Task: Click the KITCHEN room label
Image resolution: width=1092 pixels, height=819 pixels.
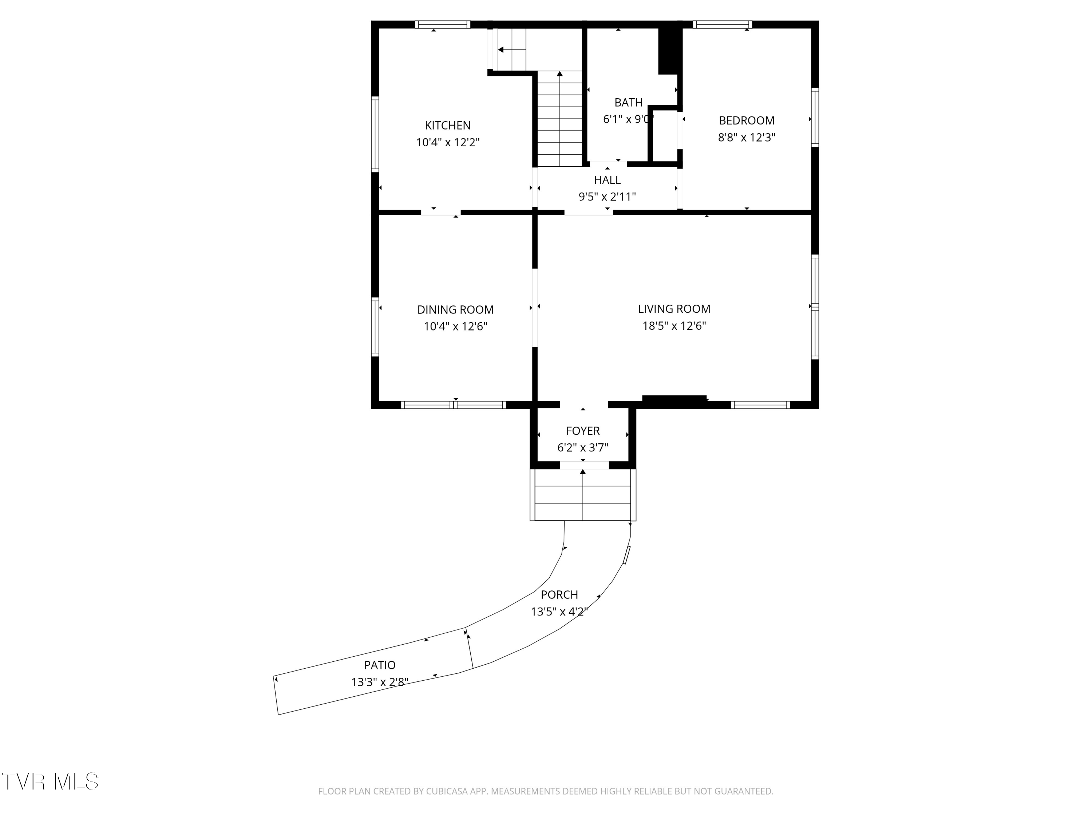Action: coord(448,125)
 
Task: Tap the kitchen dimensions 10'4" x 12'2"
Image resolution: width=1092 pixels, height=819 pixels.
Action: coord(448,143)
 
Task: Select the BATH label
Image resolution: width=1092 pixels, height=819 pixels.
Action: coord(628,102)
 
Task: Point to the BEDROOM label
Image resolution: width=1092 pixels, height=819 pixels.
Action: coord(747,120)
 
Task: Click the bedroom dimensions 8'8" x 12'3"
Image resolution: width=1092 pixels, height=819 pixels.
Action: coord(747,137)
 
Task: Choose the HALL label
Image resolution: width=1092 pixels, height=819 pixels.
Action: coord(607,180)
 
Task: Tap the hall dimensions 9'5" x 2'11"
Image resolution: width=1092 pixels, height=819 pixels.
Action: coord(607,197)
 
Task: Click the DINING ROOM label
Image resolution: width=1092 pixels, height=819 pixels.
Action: coord(455,309)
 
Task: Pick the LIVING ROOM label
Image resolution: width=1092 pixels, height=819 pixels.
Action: coord(674,309)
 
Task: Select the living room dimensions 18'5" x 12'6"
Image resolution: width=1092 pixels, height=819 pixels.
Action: coord(674,326)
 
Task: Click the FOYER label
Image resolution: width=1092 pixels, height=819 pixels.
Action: coord(582,431)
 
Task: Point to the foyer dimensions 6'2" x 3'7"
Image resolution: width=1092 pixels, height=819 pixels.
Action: coord(582,448)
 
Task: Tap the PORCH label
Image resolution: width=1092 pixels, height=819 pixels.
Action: coord(559,595)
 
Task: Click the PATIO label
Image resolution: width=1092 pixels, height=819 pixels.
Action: coord(380,665)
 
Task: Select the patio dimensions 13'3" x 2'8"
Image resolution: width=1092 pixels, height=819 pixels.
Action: coord(380,682)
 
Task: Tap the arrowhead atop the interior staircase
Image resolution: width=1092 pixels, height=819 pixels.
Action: coord(560,74)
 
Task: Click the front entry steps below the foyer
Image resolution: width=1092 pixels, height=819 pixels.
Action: coord(583,495)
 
